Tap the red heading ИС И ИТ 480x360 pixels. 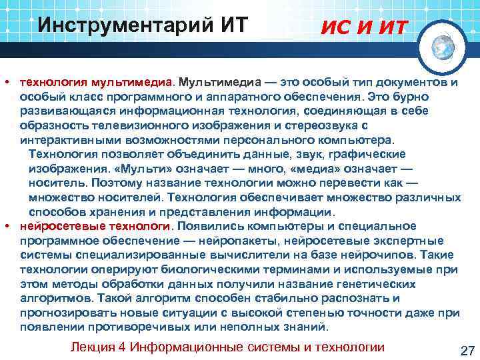(365, 27)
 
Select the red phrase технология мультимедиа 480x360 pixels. (96, 82)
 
